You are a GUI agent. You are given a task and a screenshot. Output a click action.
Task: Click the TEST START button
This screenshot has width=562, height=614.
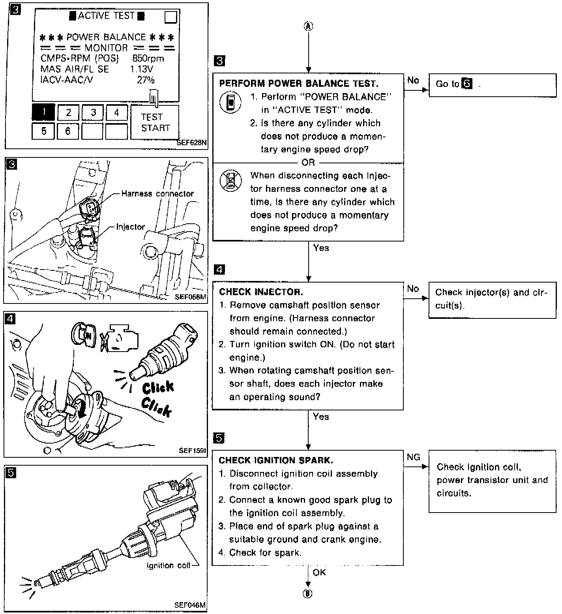coord(155,122)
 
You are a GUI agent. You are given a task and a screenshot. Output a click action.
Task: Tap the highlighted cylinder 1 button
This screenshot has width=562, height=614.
coord(43,112)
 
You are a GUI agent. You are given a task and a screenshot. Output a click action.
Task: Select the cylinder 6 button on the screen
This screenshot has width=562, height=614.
coord(68,131)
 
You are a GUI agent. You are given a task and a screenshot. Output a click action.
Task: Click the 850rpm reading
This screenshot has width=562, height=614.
coord(148,58)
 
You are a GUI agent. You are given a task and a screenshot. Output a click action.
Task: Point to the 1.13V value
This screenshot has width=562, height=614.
coord(142,69)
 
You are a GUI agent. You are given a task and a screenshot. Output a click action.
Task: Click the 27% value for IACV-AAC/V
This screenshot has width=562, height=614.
coord(145,80)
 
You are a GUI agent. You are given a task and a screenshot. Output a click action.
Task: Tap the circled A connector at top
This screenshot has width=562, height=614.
coord(308,26)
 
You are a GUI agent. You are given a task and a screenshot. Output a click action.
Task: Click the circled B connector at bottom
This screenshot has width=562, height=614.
coord(308,593)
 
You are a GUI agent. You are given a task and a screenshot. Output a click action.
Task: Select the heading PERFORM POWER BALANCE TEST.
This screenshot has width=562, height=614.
coord(299,83)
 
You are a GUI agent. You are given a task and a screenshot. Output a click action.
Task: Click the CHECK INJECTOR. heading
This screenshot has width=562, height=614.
coord(261,292)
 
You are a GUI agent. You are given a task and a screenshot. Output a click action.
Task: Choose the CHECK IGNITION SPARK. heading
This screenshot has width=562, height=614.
coord(276,460)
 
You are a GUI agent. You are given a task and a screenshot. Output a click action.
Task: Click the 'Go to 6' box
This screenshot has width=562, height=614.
coord(492,85)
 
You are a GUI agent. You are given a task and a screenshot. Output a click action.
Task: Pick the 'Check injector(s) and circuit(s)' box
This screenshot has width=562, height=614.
coord(492,299)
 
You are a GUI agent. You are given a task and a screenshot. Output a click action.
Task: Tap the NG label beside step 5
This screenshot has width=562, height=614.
coord(414,457)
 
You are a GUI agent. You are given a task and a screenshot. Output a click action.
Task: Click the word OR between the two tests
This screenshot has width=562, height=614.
coord(308,163)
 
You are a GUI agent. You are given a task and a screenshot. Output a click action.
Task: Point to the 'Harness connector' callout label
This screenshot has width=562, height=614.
coord(157,194)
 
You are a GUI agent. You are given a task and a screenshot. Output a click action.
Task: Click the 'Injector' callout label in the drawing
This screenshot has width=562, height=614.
coord(131,227)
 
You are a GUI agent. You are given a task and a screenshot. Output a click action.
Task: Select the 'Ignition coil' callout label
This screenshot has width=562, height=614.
coord(169,566)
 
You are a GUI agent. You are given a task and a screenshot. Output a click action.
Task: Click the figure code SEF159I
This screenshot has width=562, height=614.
coord(193,450)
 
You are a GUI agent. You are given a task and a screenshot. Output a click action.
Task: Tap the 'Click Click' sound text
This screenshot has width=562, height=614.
coord(157,399)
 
